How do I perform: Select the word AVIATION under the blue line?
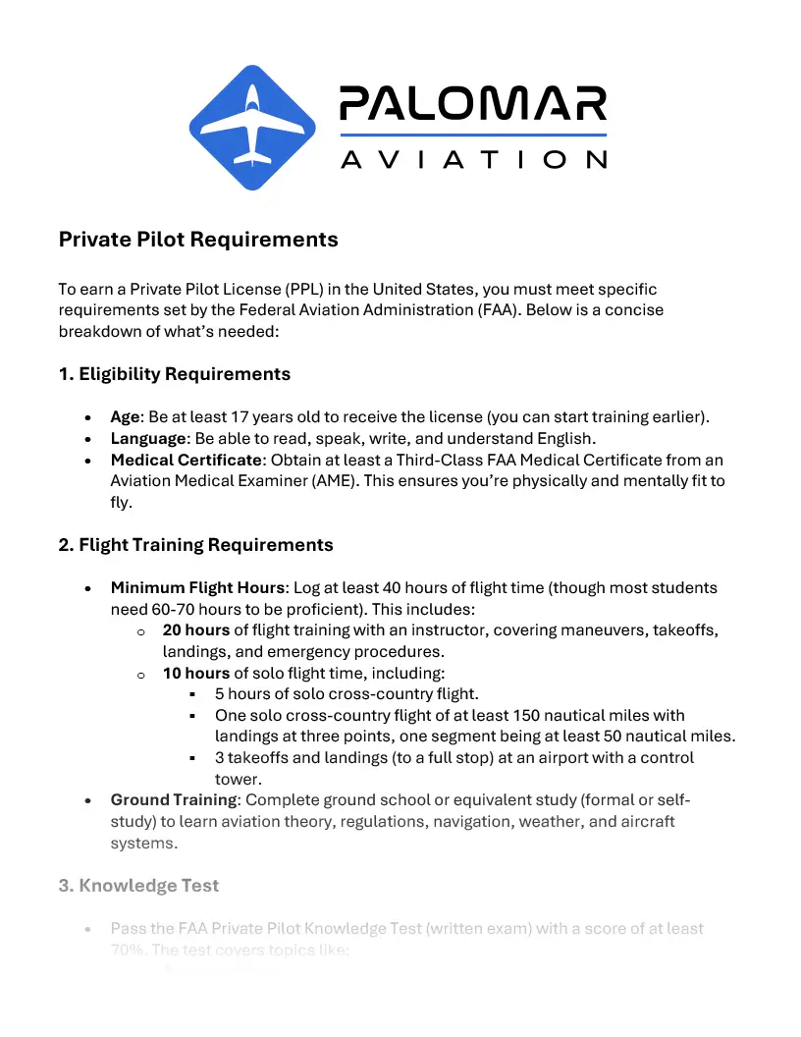(x=472, y=159)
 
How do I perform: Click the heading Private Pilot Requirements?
(x=198, y=240)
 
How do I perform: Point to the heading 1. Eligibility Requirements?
(x=175, y=374)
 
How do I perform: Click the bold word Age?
(x=125, y=416)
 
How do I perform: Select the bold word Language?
(x=148, y=438)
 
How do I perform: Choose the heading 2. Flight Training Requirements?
(x=196, y=545)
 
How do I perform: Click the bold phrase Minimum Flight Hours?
(x=197, y=588)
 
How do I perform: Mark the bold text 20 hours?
(x=196, y=630)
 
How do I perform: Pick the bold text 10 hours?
(x=196, y=674)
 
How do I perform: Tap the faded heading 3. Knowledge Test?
(x=138, y=886)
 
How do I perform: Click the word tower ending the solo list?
(x=237, y=780)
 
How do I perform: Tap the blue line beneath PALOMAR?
(x=472, y=135)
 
